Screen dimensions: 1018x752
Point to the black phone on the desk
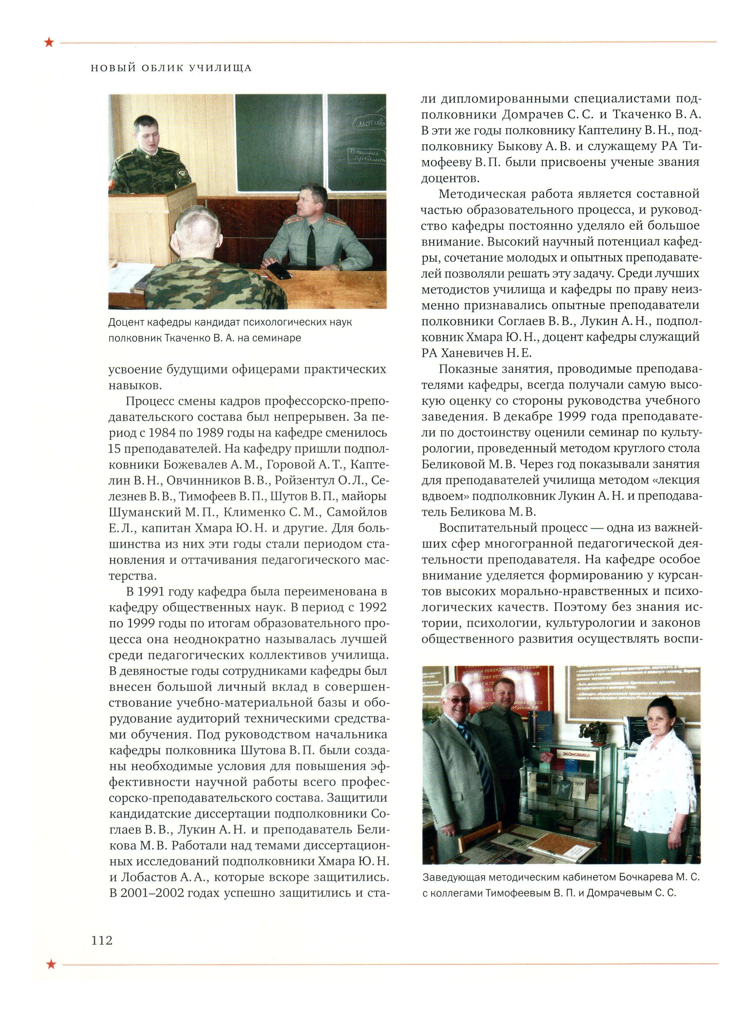tap(279, 271)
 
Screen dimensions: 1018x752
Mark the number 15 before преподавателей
tap(114, 449)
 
